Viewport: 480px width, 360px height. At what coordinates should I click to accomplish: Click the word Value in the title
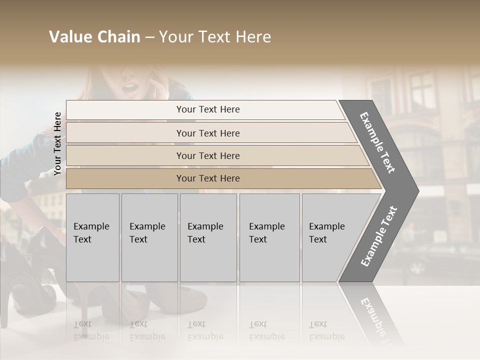tap(69, 37)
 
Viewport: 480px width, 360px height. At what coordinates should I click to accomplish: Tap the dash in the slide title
tap(149, 37)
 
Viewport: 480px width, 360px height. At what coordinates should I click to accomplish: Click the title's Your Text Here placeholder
tap(215, 37)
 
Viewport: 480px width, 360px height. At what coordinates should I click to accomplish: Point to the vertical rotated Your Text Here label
tap(57, 143)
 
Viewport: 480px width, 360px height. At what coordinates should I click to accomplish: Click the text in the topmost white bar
tap(208, 109)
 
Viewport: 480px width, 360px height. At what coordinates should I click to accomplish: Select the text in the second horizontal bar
tap(208, 133)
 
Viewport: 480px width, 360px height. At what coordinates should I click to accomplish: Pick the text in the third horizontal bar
tap(208, 156)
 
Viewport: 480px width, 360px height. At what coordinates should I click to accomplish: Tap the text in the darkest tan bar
tap(208, 178)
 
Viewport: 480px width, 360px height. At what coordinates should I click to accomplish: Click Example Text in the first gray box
tap(91, 233)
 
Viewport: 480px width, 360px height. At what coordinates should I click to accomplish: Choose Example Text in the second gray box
tap(147, 233)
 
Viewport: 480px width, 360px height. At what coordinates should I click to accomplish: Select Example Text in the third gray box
tap(205, 233)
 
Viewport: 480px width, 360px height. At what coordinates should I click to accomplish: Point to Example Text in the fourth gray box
tap(266, 233)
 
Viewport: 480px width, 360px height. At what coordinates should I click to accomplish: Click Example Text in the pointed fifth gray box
tap(326, 233)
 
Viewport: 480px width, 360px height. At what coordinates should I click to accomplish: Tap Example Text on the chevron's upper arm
tap(377, 142)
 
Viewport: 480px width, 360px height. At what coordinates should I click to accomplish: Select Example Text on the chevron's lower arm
tap(378, 236)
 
